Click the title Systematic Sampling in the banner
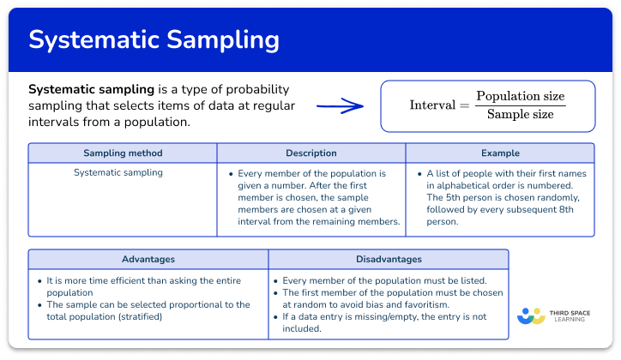(x=154, y=40)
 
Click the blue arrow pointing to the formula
(x=340, y=107)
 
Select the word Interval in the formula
(x=432, y=105)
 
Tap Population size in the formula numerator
(x=521, y=96)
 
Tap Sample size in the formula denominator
(x=521, y=115)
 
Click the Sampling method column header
(x=123, y=153)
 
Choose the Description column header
(x=310, y=153)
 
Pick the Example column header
(x=500, y=153)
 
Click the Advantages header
(x=148, y=259)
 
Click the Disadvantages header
(x=389, y=259)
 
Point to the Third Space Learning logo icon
(x=532, y=315)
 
